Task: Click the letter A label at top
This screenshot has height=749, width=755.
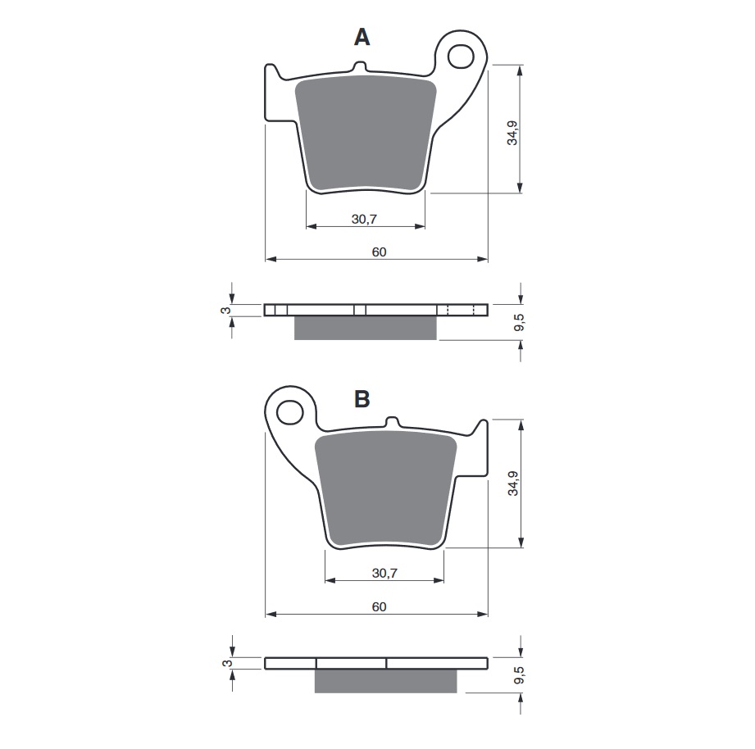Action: [362, 37]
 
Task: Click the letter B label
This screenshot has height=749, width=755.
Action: [362, 399]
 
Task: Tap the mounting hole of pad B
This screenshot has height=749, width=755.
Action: [290, 413]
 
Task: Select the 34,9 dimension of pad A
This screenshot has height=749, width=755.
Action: [512, 133]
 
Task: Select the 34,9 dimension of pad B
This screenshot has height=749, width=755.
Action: [512, 483]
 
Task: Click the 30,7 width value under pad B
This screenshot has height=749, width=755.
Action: [384, 574]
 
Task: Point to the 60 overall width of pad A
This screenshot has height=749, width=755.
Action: [378, 252]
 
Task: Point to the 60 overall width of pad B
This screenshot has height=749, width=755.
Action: [378, 607]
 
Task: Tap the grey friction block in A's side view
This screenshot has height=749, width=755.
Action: [365, 328]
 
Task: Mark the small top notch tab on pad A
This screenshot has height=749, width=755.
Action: [358, 67]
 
